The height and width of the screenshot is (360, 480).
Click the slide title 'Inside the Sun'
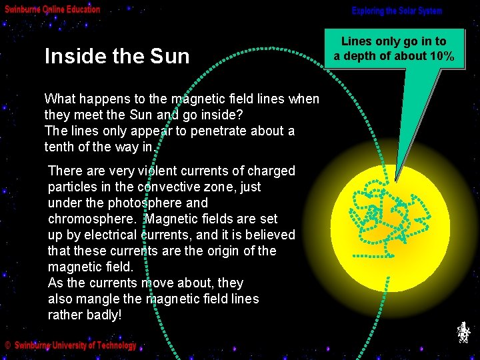117,56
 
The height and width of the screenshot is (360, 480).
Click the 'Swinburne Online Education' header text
53,9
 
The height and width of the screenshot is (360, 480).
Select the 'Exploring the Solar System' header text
397,11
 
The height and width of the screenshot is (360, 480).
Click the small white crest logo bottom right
464,332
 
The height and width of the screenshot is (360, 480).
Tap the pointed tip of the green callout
395,181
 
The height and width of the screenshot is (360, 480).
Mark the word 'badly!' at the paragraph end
103,315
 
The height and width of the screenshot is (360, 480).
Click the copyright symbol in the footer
8,345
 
